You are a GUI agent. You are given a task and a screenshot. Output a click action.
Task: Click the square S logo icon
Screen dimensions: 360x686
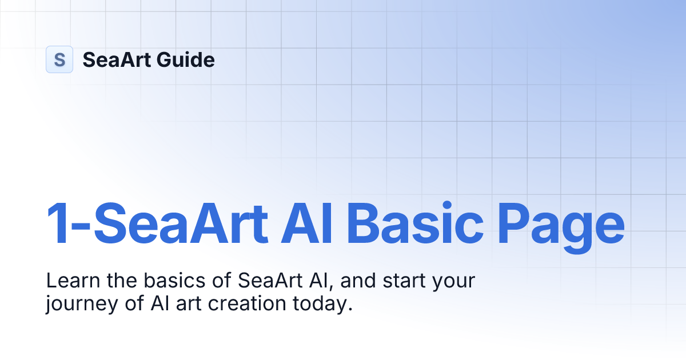pos(59,59)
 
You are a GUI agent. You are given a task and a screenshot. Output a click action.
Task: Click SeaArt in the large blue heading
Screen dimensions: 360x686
pos(180,223)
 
